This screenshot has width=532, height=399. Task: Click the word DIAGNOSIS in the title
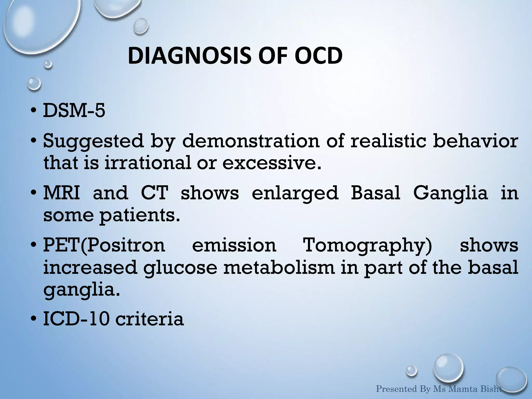189,56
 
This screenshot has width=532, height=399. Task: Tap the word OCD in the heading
318,56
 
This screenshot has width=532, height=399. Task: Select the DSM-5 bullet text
74,111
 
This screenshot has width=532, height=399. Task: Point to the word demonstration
251,141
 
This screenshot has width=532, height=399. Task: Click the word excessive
272,163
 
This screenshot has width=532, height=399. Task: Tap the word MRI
62,193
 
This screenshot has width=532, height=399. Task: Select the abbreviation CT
154,193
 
